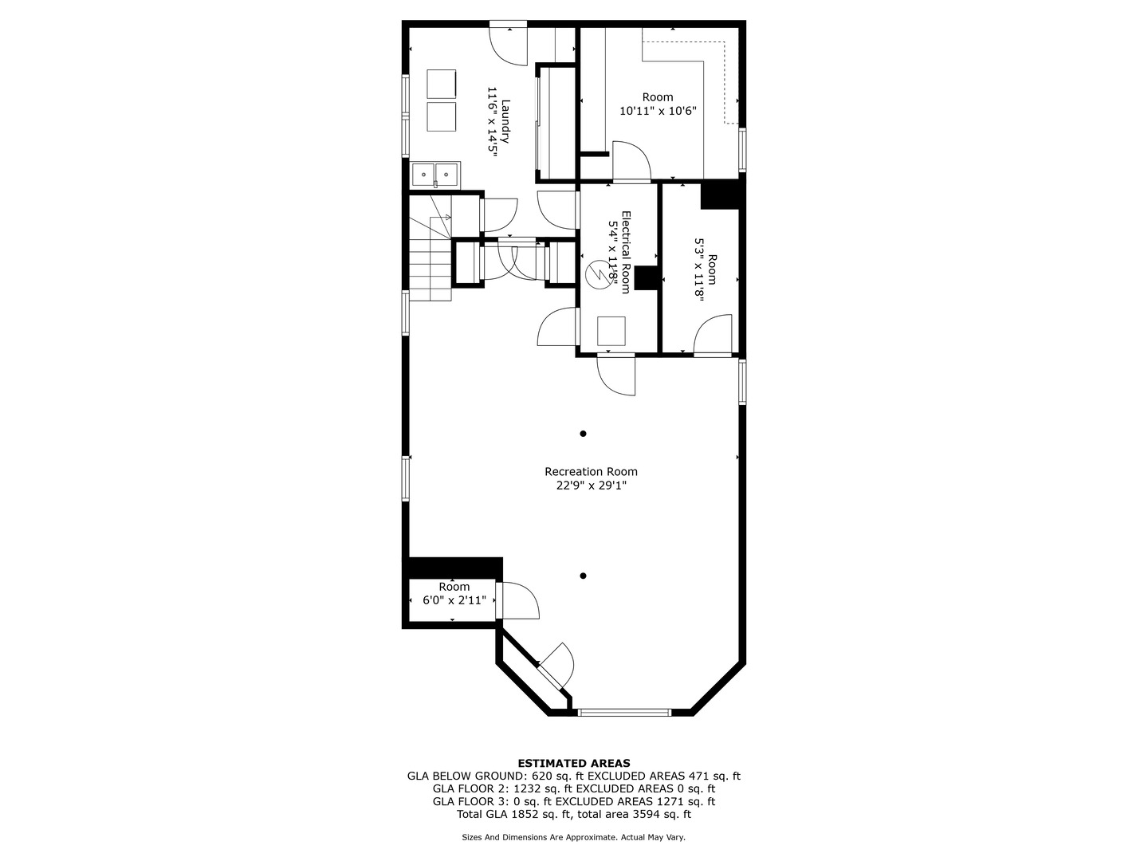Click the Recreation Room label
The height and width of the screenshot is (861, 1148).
point(591,471)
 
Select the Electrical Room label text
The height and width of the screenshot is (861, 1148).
point(626,252)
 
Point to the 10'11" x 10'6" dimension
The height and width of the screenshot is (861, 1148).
point(658,111)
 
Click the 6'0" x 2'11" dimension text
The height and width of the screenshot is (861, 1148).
point(454,600)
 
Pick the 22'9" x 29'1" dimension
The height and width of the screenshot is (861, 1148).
point(591,486)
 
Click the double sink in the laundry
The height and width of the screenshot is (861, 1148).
point(435,174)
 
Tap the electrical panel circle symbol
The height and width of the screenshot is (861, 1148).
point(599,273)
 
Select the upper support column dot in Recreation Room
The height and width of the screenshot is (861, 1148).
point(583,434)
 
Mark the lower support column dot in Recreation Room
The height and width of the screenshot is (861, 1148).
point(583,576)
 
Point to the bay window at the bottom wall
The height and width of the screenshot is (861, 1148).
point(624,711)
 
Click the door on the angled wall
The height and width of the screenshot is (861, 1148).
point(556,669)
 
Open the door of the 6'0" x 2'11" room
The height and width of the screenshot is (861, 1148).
point(517,600)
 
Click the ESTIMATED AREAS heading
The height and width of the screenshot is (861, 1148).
point(574,763)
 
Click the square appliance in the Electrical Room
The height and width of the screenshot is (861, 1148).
point(611,331)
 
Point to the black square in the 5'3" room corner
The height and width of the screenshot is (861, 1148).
point(720,195)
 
